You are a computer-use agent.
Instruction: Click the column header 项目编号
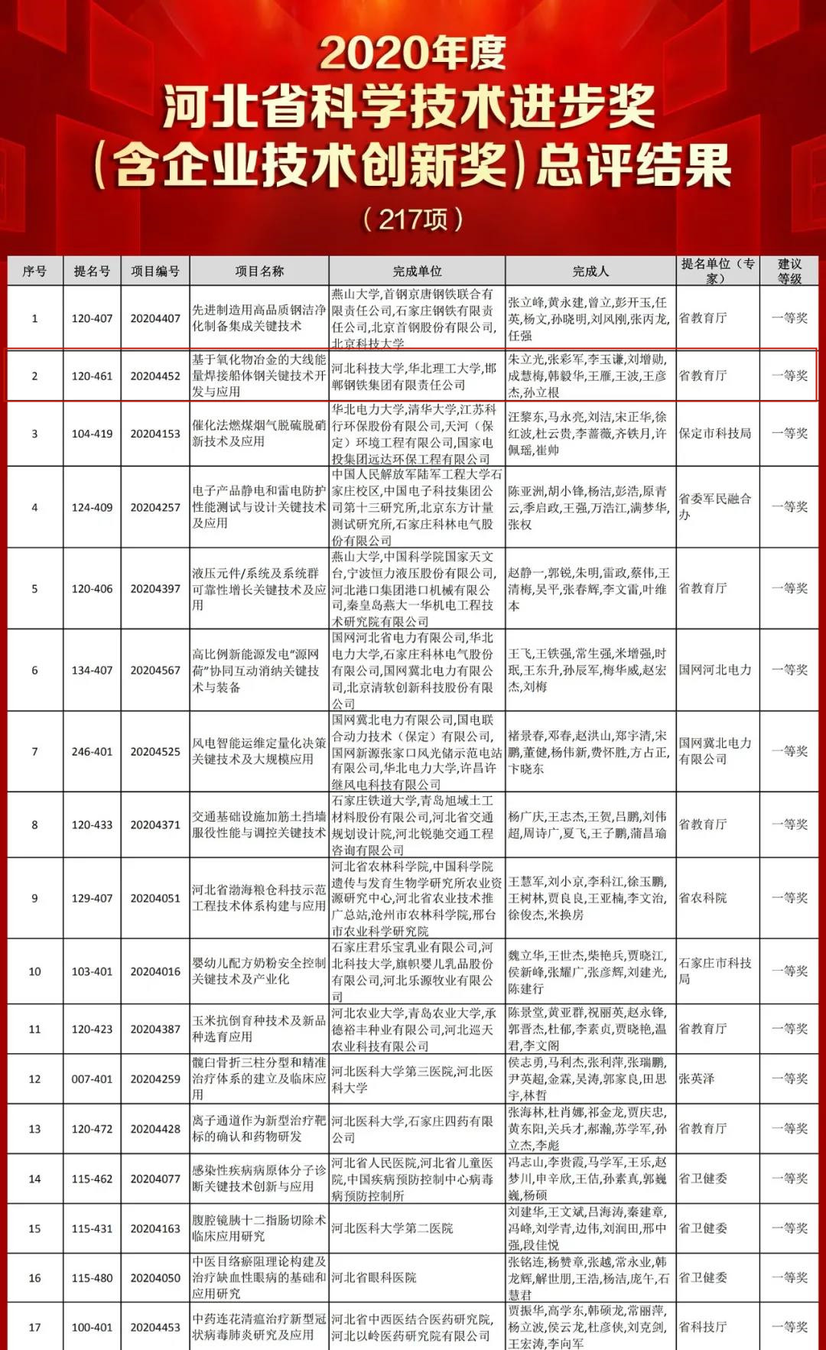coord(155,272)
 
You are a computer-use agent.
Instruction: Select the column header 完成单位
coord(417,272)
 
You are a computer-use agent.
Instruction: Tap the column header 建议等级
coord(789,272)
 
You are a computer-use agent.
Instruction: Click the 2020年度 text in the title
coord(412,54)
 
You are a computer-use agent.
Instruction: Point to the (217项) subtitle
coord(413,220)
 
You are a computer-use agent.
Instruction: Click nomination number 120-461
coord(92,376)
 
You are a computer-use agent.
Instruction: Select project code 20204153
coord(155,434)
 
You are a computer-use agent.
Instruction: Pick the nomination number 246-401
coord(92,752)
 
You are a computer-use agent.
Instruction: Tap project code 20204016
coord(155,971)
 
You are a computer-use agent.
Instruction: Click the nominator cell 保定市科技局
coord(715,433)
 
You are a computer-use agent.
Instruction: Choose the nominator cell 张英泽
coord(697,1078)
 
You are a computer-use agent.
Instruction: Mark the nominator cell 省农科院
coord(703,898)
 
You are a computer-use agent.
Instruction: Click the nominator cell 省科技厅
coord(703,1327)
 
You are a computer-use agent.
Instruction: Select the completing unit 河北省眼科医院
coord(374,1277)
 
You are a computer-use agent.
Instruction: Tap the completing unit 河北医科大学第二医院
coord(392,1228)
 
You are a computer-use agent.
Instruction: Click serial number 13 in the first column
coord(34,1129)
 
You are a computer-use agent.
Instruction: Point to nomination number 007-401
coord(92,1079)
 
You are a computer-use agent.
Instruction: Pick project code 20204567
coord(155,670)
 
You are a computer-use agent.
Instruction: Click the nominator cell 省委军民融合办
coord(715,506)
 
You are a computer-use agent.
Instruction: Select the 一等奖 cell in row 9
coord(789,898)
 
